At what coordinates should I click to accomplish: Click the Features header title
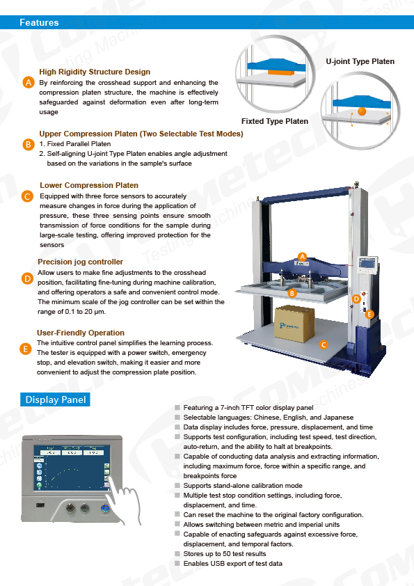39,22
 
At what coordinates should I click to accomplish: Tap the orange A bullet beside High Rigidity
29,82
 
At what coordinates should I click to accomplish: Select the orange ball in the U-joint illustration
362,111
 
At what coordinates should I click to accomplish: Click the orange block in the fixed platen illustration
279,72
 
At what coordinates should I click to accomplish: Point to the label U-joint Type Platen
360,61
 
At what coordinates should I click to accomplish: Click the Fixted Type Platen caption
275,121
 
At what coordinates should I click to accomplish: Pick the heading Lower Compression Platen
89,185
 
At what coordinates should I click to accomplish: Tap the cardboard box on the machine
294,324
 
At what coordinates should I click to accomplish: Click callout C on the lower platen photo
324,345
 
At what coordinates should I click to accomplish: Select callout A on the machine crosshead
302,256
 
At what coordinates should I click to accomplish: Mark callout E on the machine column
369,315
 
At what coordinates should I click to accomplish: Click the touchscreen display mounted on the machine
368,264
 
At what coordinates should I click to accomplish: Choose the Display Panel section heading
55,399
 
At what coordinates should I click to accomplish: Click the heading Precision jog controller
80,262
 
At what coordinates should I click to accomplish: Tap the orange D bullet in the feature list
27,278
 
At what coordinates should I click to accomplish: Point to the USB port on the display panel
40,505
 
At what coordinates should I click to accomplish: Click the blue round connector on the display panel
105,509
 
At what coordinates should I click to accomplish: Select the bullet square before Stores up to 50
177,553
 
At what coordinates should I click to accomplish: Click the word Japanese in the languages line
339,418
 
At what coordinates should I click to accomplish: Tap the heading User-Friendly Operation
81,333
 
